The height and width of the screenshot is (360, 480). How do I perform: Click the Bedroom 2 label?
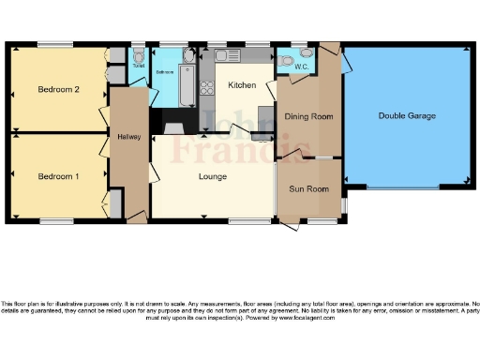57,90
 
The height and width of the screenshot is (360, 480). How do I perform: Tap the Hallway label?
128,137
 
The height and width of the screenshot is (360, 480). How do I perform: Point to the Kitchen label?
242,85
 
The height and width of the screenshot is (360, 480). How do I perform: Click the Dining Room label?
309,116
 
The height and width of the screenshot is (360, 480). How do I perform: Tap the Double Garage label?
407,115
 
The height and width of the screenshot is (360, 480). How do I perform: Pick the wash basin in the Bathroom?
188,57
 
